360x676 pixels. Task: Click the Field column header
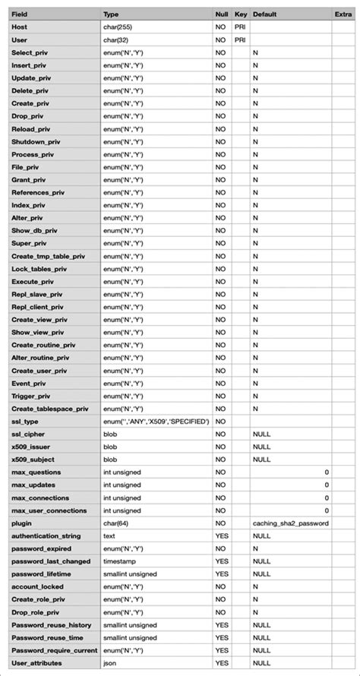[21, 14]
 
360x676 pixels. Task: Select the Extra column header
[343, 14]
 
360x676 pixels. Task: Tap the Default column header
[264, 14]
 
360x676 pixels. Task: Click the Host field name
[20, 27]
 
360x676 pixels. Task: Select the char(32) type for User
[118, 39]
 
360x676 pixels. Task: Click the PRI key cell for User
[240, 39]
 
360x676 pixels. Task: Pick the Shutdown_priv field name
[36, 141]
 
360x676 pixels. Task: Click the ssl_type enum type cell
[156, 422]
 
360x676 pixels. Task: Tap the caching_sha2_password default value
[290, 523]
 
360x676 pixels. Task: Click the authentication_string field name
[46, 536]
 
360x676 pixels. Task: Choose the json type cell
[110, 663]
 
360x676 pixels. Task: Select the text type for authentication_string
[109, 536]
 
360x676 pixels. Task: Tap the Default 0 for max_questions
[327, 472]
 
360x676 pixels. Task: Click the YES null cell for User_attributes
[221, 663]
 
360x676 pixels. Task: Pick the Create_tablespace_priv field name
[50, 409]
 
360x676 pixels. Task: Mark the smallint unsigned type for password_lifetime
[130, 574]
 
